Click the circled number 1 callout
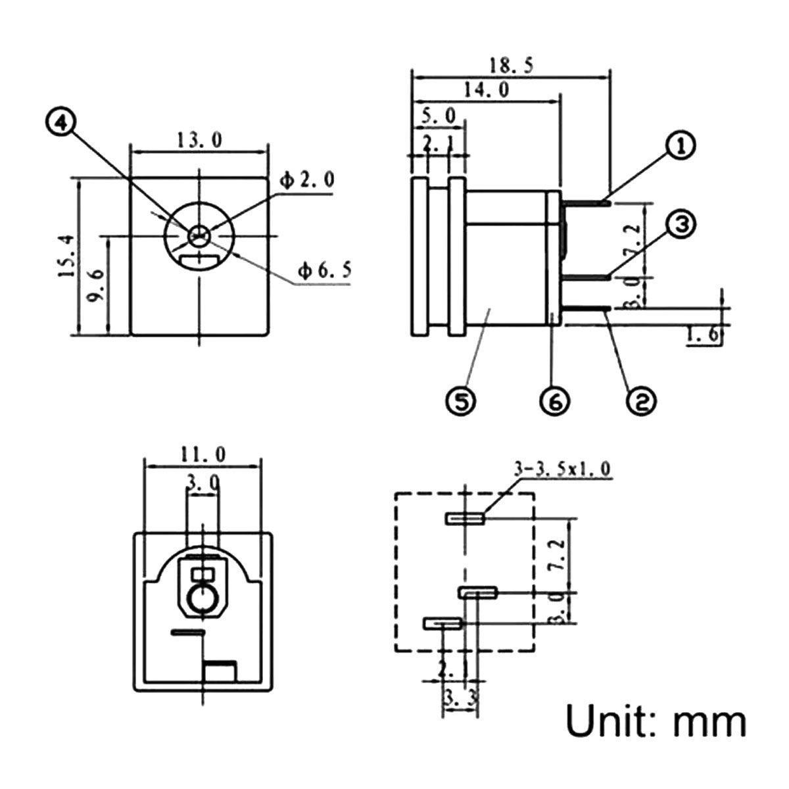(x=681, y=146)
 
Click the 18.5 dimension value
(x=510, y=66)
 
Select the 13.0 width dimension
(x=199, y=139)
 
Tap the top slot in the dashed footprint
(x=466, y=519)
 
